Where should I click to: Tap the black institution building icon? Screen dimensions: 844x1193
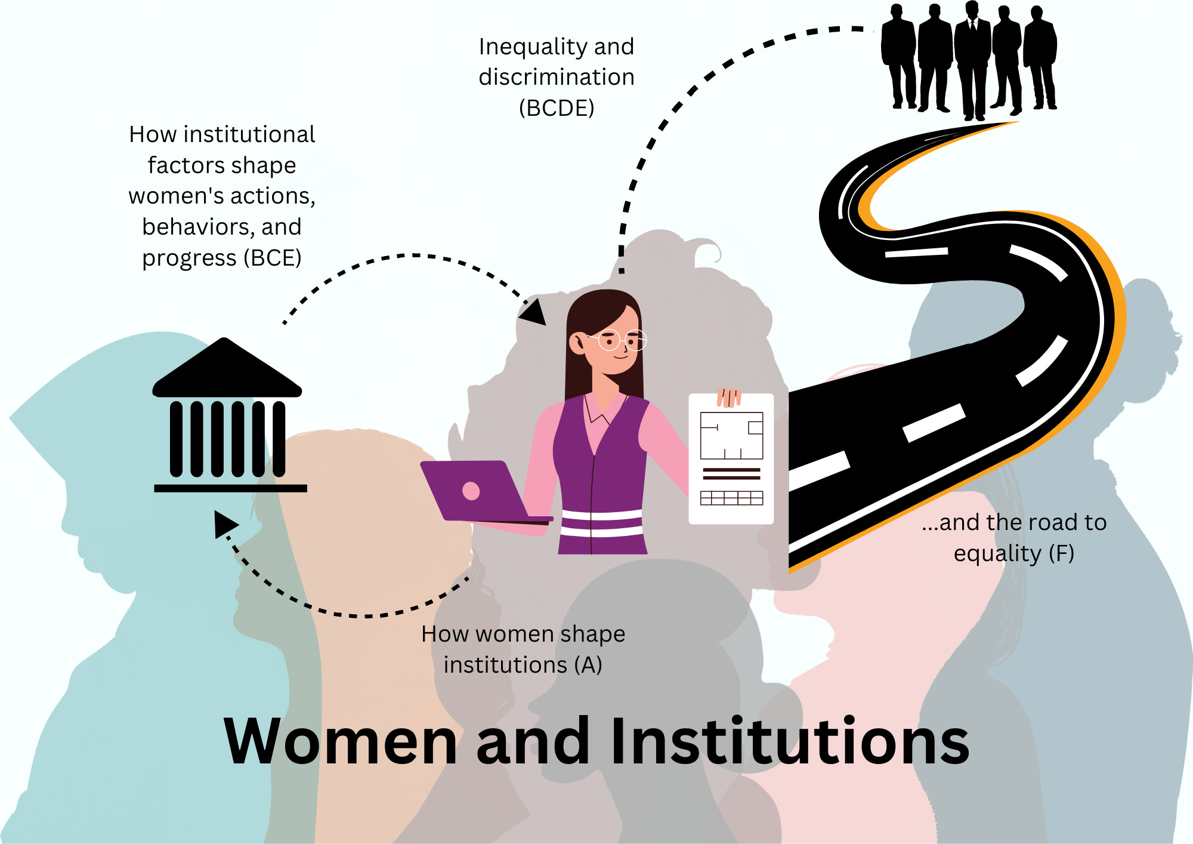[228, 418]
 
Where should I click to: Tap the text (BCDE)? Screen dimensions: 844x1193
[556, 108]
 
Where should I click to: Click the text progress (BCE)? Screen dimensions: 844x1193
[221, 258]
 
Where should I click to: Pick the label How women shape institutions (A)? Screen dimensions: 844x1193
[523, 649]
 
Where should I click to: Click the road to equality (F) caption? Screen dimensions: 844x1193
[1014, 538]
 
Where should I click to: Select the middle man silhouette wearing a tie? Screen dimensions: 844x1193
[972, 60]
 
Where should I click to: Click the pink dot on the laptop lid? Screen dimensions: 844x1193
[471, 491]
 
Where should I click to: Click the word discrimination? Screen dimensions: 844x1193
[556, 78]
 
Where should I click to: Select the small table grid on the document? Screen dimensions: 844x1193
[731, 498]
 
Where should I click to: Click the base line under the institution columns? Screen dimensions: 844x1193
[230, 488]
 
